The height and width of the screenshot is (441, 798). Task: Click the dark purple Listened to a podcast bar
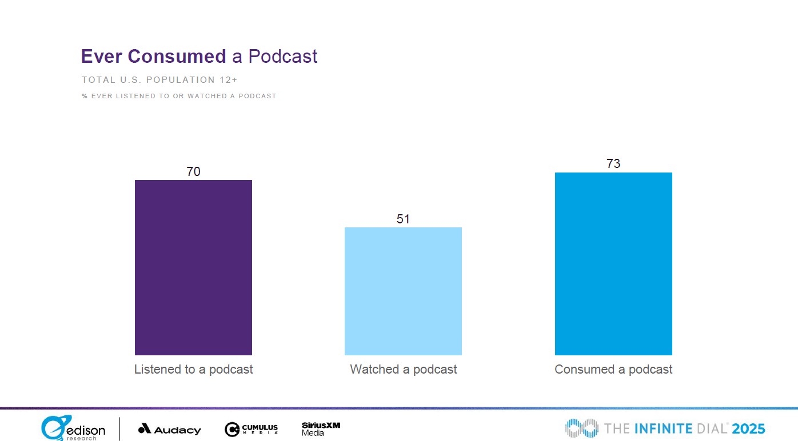(193, 267)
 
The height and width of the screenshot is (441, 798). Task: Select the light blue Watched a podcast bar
(403, 291)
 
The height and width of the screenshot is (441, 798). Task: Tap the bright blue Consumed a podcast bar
(613, 264)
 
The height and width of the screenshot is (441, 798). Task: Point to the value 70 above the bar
(193, 171)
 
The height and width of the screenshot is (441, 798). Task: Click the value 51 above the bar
(403, 219)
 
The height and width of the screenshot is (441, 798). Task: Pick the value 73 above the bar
(613, 164)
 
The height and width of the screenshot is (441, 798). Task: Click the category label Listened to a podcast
(193, 370)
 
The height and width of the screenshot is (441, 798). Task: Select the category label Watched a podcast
(403, 370)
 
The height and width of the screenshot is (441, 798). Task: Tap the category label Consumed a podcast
(613, 370)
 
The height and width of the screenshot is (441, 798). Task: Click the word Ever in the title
(101, 57)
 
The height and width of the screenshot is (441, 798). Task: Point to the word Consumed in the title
(177, 57)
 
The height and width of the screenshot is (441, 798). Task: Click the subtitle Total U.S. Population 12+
(159, 80)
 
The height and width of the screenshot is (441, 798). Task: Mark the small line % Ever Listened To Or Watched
(179, 96)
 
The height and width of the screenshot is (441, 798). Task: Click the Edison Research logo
(73, 428)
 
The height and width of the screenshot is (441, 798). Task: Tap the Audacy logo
(170, 430)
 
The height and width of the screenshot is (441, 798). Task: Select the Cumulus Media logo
(251, 429)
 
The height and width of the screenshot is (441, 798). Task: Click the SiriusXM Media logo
(321, 429)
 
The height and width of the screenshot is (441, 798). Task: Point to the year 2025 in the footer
(748, 428)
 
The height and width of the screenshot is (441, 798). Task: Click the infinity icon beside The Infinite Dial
(582, 428)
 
